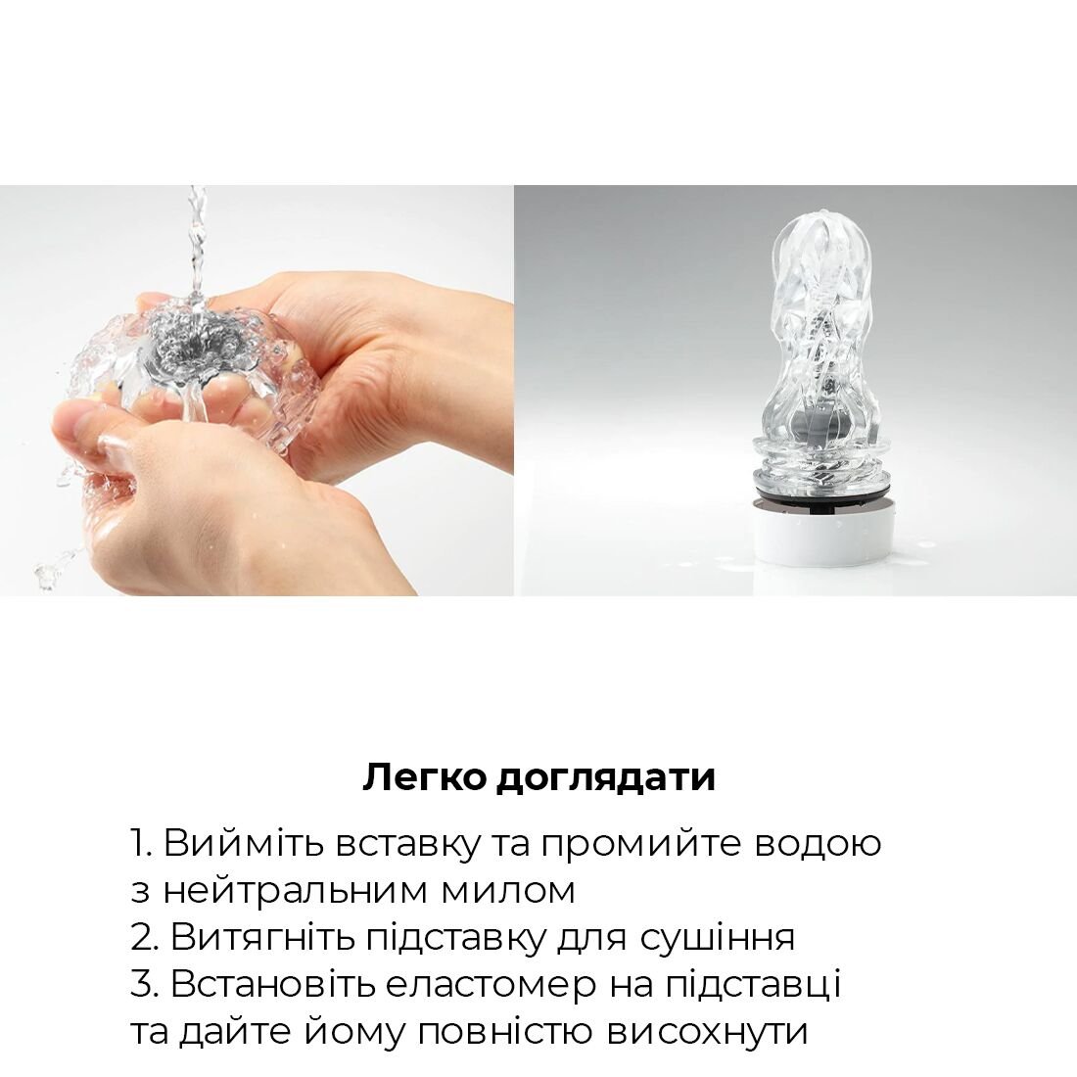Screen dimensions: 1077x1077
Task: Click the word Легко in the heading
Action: pos(425,777)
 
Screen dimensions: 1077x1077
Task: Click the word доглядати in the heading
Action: pos(605,778)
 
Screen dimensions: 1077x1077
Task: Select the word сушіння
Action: pos(717,938)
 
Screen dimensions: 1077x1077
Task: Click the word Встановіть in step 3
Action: pos(272,985)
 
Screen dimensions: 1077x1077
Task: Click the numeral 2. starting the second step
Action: pos(144,938)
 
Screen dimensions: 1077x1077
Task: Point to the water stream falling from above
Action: pos(198,245)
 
